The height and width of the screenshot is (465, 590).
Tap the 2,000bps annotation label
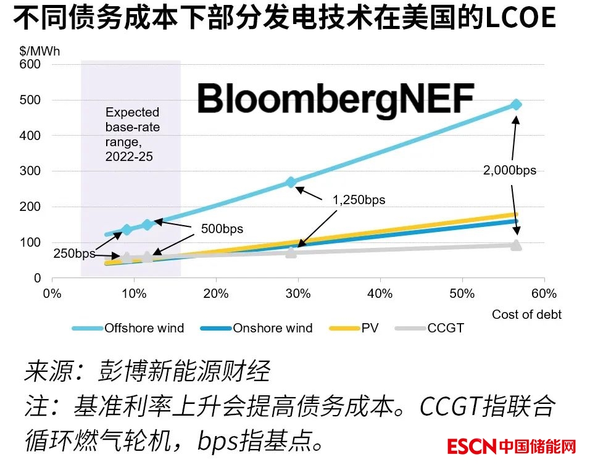[x=510, y=170]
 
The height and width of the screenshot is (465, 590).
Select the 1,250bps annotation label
[x=359, y=200]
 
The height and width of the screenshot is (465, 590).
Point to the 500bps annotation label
[x=222, y=229]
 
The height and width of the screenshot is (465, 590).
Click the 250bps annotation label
[x=74, y=253]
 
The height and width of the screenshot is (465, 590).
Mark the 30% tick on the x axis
[x=299, y=294]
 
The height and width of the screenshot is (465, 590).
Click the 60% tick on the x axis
[x=544, y=294]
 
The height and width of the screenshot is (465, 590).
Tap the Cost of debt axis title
[x=526, y=315]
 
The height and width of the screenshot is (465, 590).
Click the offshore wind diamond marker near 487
[x=516, y=105]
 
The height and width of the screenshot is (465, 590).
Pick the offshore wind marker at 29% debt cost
[x=291, y=182]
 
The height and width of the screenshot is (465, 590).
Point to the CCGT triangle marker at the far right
[x=516, y=245]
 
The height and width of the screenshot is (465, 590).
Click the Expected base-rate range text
[x=132, y=134]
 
